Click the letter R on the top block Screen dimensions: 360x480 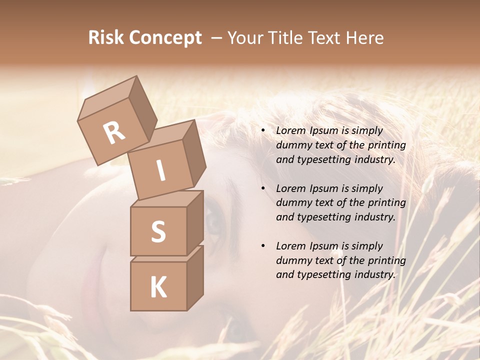[114, 133]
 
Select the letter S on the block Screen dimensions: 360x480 [158, 231]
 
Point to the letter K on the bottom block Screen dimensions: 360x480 [158, 287]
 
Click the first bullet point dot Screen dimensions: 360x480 [263, 131]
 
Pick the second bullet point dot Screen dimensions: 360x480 [263, 189]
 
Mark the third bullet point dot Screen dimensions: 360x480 [263, 246]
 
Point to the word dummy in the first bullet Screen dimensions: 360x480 [291, 145]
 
